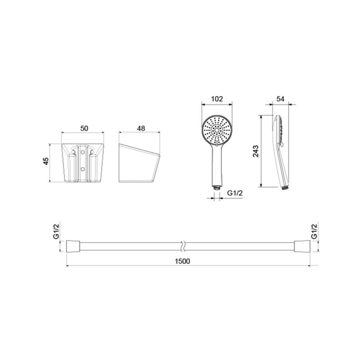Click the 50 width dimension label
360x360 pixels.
[x=84, y=128]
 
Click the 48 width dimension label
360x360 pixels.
[x=141, y=128]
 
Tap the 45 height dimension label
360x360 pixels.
[x=46, y=161]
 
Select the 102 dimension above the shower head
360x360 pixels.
[x=217, y=99]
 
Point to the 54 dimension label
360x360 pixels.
[x=280, y=99]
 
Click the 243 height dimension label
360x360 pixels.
[x=255, y=151]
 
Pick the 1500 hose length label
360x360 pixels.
[x=182, y=261]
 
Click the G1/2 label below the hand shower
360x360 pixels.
[x=235, y=193]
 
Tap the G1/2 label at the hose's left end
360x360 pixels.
[x=56, y=231]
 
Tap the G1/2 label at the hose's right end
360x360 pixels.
[x=314, y=231]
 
